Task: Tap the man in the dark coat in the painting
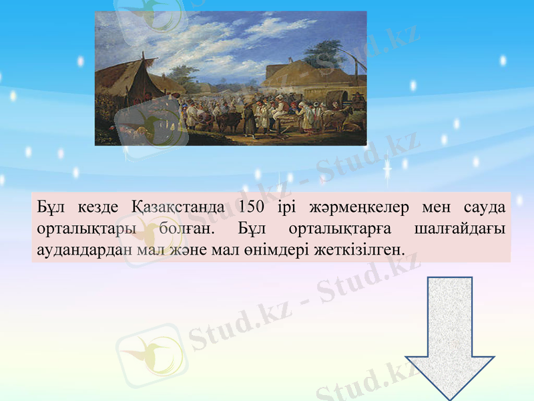(x=249, y=118)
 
